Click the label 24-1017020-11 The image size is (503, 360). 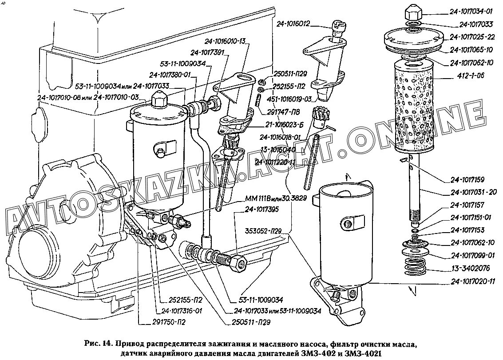(x=472, y=281)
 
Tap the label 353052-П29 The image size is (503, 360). (x=265, y=231)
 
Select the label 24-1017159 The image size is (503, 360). (x=472, y=180)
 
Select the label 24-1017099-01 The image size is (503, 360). (x=472, y=255)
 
